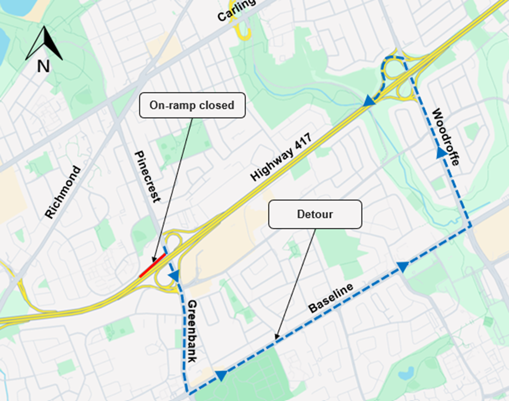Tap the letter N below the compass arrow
(43, 66)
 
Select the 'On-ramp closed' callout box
(192, 105)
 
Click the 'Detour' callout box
(315, 214)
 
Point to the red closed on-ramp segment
(153, 266)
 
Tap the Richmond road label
(63, 192)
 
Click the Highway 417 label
(281, 158)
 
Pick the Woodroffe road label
(446, 137)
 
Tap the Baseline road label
(331, 298)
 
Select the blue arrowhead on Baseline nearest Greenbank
(221, 375)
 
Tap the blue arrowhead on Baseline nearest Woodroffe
(403, 267)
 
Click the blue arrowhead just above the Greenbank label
(174, 276)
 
